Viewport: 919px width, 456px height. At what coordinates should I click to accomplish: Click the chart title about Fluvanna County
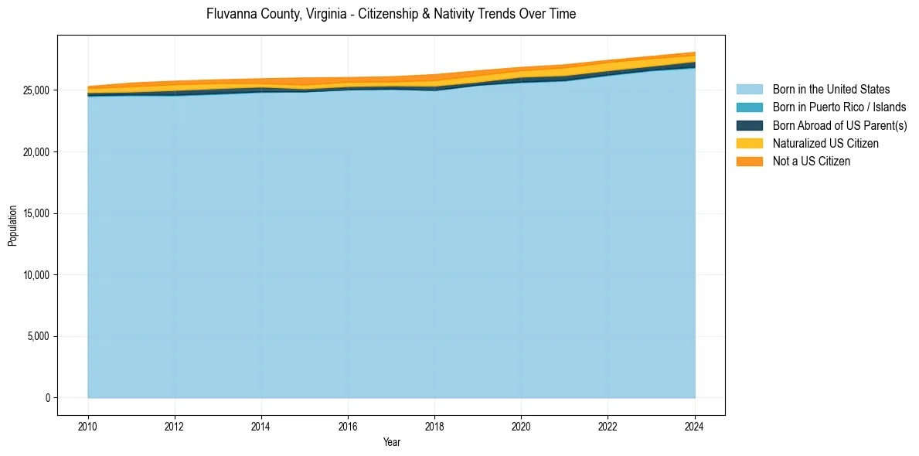click(391, 14)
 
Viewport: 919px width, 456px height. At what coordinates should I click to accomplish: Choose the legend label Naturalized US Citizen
click(825, 143)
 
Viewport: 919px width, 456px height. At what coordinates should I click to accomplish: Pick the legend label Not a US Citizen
click(811, 161)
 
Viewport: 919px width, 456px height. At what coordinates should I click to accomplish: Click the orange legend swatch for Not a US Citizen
click(749, 161)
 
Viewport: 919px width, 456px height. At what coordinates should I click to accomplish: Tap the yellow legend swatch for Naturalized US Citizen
click(749, 143)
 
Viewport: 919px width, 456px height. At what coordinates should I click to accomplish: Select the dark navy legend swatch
click(749, 125)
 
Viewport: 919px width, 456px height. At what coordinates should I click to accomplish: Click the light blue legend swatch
click(749, 90)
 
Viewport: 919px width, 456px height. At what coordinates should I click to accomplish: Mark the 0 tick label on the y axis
click(47, 398)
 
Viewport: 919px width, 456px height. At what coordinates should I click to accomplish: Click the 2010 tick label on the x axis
click(88, 426)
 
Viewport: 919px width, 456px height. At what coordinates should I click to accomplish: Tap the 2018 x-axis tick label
click(435, 426)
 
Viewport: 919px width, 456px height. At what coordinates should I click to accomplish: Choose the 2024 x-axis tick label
click(695, 426)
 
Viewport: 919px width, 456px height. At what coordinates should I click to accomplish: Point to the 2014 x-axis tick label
click(261, 426)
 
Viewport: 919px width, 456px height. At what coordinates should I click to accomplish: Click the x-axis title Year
click(392, 442)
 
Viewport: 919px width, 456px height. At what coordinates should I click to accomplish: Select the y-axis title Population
click(12, 225)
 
